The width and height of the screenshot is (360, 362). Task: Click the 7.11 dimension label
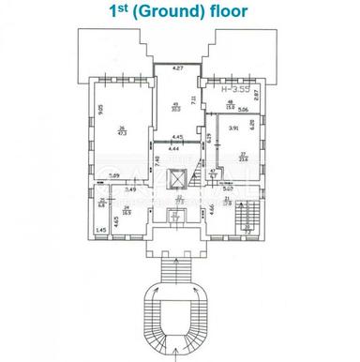[194, 99]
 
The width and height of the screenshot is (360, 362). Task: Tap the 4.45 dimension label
[176, 141]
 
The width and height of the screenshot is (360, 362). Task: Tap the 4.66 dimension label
[213, 207]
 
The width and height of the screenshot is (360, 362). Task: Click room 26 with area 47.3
[121, 132]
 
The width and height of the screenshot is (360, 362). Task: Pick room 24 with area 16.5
[125, 212]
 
